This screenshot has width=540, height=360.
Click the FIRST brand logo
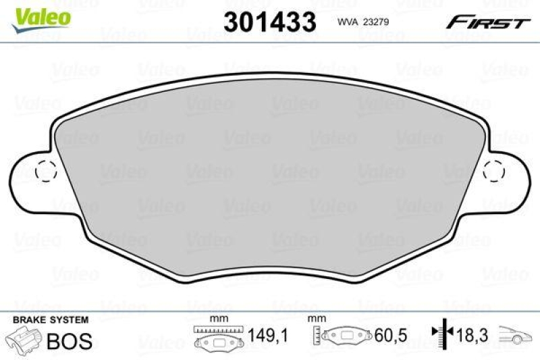(487, 22)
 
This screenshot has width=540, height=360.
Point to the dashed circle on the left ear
(45, 172)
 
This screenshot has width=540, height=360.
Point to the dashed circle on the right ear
(495, 172)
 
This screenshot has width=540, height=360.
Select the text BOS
(69, 340)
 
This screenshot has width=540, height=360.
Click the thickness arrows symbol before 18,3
(442, 333)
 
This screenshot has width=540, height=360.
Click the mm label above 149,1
(217, 319)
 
